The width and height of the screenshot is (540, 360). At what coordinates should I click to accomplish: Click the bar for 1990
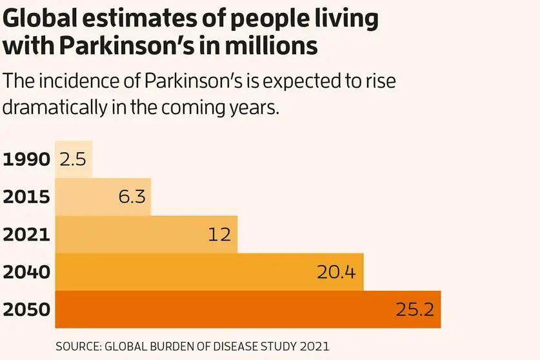tap(74, 159)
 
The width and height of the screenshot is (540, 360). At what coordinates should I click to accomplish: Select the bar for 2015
tap(103, 197)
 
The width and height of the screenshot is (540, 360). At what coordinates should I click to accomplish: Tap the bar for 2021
tap(146, 234)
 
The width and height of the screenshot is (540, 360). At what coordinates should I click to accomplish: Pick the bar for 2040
tap(210, 272)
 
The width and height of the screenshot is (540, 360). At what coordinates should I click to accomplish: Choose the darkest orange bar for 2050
tap(248, 309)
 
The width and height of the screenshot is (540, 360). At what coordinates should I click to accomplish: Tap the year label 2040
tap(26, 272)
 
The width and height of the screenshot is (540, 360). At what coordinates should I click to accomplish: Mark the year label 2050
tap(26, 310)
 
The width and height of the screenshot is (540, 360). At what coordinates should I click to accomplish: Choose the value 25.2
tap(414, 310)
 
